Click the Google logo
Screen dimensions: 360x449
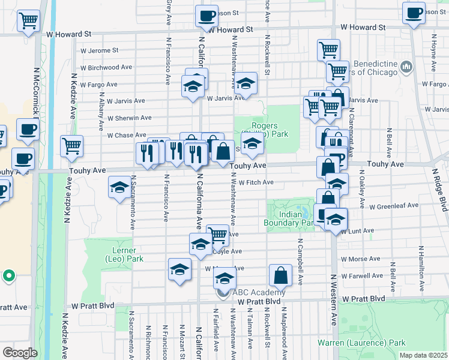pos(20,353)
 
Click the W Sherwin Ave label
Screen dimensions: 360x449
pos(129,118)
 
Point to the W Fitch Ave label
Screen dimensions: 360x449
pos(256,182)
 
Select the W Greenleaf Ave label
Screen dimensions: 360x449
pos(394,206)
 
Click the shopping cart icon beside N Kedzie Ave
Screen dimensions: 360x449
pos(71,145)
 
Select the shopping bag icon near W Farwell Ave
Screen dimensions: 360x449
pos(280,275)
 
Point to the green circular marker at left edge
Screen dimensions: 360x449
pos(8,277)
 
